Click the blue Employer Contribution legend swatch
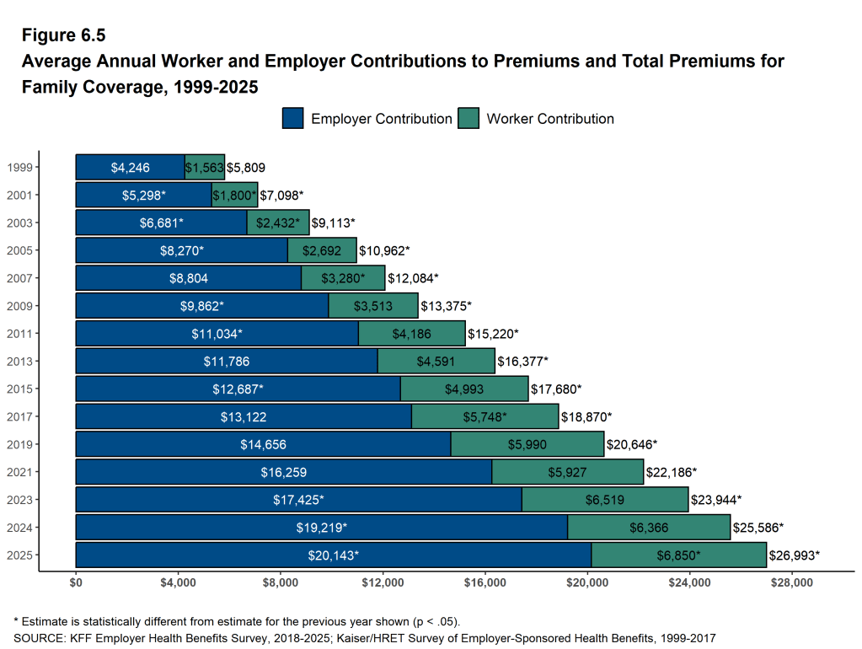pos(293,119)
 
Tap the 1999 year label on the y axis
pos(19,168)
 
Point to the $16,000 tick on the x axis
pos(485,582)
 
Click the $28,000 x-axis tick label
pos(793,582)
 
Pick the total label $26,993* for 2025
pos(794,555)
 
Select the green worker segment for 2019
pos(527,444)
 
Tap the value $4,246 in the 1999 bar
pos(130,168)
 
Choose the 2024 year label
pos(19,528)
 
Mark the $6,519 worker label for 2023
pos(605,500)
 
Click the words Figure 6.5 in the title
pos(63,35)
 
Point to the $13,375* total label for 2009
pos(446,306)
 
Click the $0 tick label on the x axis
pos(76,582)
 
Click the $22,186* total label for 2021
pos(672,472)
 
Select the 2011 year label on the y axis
pos(19,334)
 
